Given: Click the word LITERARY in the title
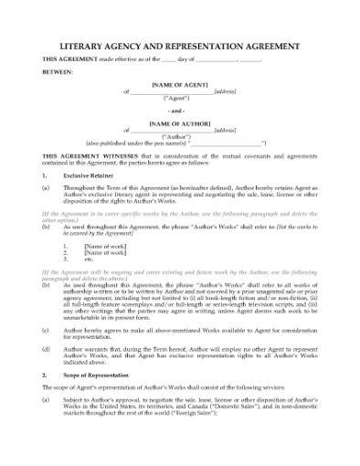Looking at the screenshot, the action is point(86,43).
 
